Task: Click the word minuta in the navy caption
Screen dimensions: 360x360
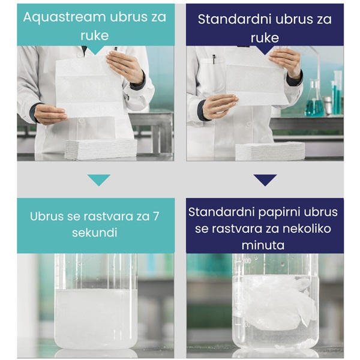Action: (x=265, y=245)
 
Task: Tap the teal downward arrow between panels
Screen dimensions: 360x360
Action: (x=98, y=179)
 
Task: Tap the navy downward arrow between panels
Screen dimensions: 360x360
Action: (x=265, y=179)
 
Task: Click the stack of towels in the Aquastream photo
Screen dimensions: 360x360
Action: (x=100, y=149)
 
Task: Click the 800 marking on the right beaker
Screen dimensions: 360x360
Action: (x=246, y=262)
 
